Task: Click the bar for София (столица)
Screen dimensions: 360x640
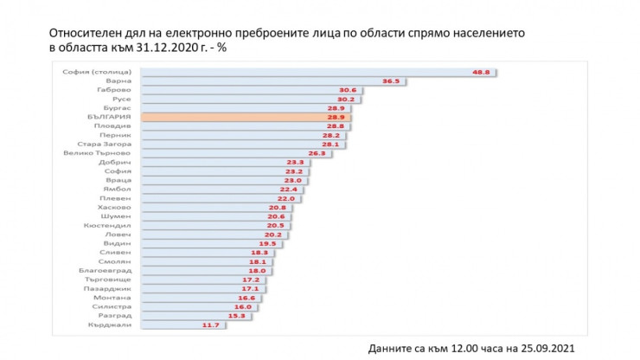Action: click(x=311, y=71)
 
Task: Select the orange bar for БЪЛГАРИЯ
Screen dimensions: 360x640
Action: click(x=251, y=117)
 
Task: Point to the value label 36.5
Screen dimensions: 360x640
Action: click(x=392, y=80)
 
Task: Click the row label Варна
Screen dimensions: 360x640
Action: click(x=118, y=80)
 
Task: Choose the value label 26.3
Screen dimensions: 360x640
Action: click(x=317, y=153)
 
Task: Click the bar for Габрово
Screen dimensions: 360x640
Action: click(x=242, y=89)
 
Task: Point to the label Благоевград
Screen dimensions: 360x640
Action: click(x=105, y=271)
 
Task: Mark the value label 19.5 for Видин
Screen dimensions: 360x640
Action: click(x=268, y=244)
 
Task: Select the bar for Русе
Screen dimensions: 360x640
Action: click(x=242, y=99)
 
